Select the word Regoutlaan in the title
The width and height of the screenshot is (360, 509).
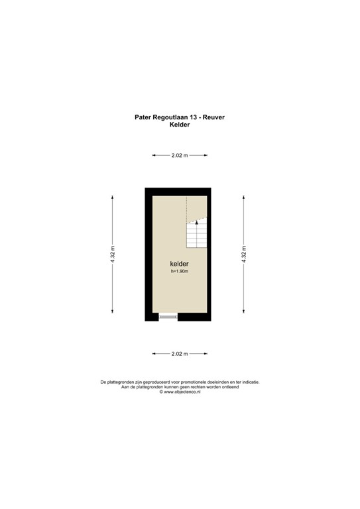[x=171, y=117]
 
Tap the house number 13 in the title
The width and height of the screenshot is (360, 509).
[x=194, y=117]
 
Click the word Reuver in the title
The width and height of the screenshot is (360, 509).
[x=215, y=117]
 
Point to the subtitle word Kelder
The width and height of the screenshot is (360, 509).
[x=180, y=125]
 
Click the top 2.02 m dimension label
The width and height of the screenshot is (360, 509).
[x=180, y=155]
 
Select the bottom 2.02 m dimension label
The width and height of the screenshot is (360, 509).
[x=180, y=354]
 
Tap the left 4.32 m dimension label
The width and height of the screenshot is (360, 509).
[x=113, y=255]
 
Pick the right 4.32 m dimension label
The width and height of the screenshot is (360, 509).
[x=245, y=255]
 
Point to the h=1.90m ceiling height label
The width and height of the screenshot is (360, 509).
[x=180, y=272]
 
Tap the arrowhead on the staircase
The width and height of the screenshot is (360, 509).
[x=197, y=223]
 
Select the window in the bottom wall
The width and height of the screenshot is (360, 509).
[x=168, y=317]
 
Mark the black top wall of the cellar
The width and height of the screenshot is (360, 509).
[x=180, y=191]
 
